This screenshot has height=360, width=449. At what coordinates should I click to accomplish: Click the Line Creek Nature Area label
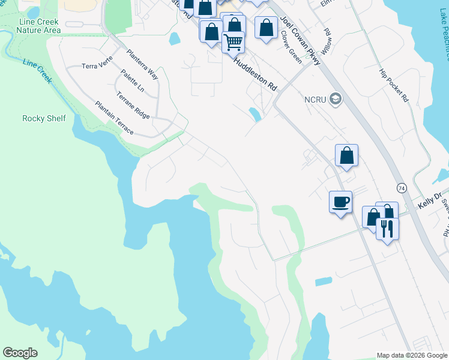pos(39,25)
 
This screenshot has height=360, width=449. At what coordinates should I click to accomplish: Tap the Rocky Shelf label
pos(44,118)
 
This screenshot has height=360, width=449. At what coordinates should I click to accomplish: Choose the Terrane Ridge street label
pos(132,105)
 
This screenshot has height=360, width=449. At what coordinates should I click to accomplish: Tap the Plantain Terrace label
pos(114,118)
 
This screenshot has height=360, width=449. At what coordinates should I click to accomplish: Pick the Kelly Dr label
pos(429,200)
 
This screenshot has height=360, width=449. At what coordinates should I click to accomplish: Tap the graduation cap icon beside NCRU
pos(336,99)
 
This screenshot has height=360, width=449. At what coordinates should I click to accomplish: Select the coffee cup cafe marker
pos(341,202)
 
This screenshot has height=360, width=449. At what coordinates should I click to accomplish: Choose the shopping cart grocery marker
pos(233,42)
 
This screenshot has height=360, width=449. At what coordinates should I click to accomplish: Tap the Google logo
pos(20,353)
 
